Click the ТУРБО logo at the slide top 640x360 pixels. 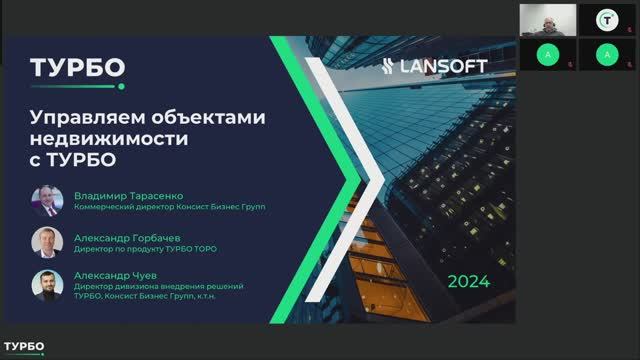(77, 67)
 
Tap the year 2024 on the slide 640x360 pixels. (469, 281)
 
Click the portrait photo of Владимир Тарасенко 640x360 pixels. (47, 199)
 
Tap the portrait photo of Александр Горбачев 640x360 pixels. (47, 241)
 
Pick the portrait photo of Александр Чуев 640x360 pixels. (47, 285)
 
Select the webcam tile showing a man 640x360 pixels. (548, 19)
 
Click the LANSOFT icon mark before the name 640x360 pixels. (393, 67)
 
